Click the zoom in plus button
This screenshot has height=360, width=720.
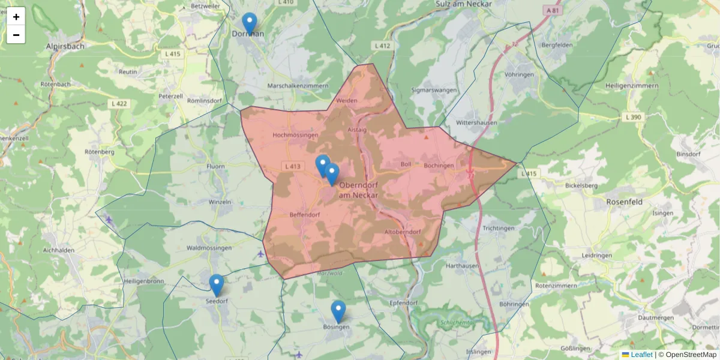(16, 17)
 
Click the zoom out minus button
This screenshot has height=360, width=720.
(16, 35)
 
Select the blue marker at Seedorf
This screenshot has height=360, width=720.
(217, 285)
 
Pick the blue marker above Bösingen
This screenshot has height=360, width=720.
(338, 311)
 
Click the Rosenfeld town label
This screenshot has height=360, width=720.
(624, 202)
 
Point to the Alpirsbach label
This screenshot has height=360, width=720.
(65, 46)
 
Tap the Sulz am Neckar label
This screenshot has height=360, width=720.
(464, 4)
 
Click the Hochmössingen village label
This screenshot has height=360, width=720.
(295, 136)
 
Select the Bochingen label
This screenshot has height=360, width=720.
(439, 166)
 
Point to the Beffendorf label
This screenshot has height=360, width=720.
(304, 214)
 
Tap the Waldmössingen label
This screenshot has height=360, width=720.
(209, 248)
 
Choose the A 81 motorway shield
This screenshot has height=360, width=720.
(554, 11)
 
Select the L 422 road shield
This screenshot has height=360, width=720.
(119, 104)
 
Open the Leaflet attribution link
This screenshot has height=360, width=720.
(641, 355)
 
